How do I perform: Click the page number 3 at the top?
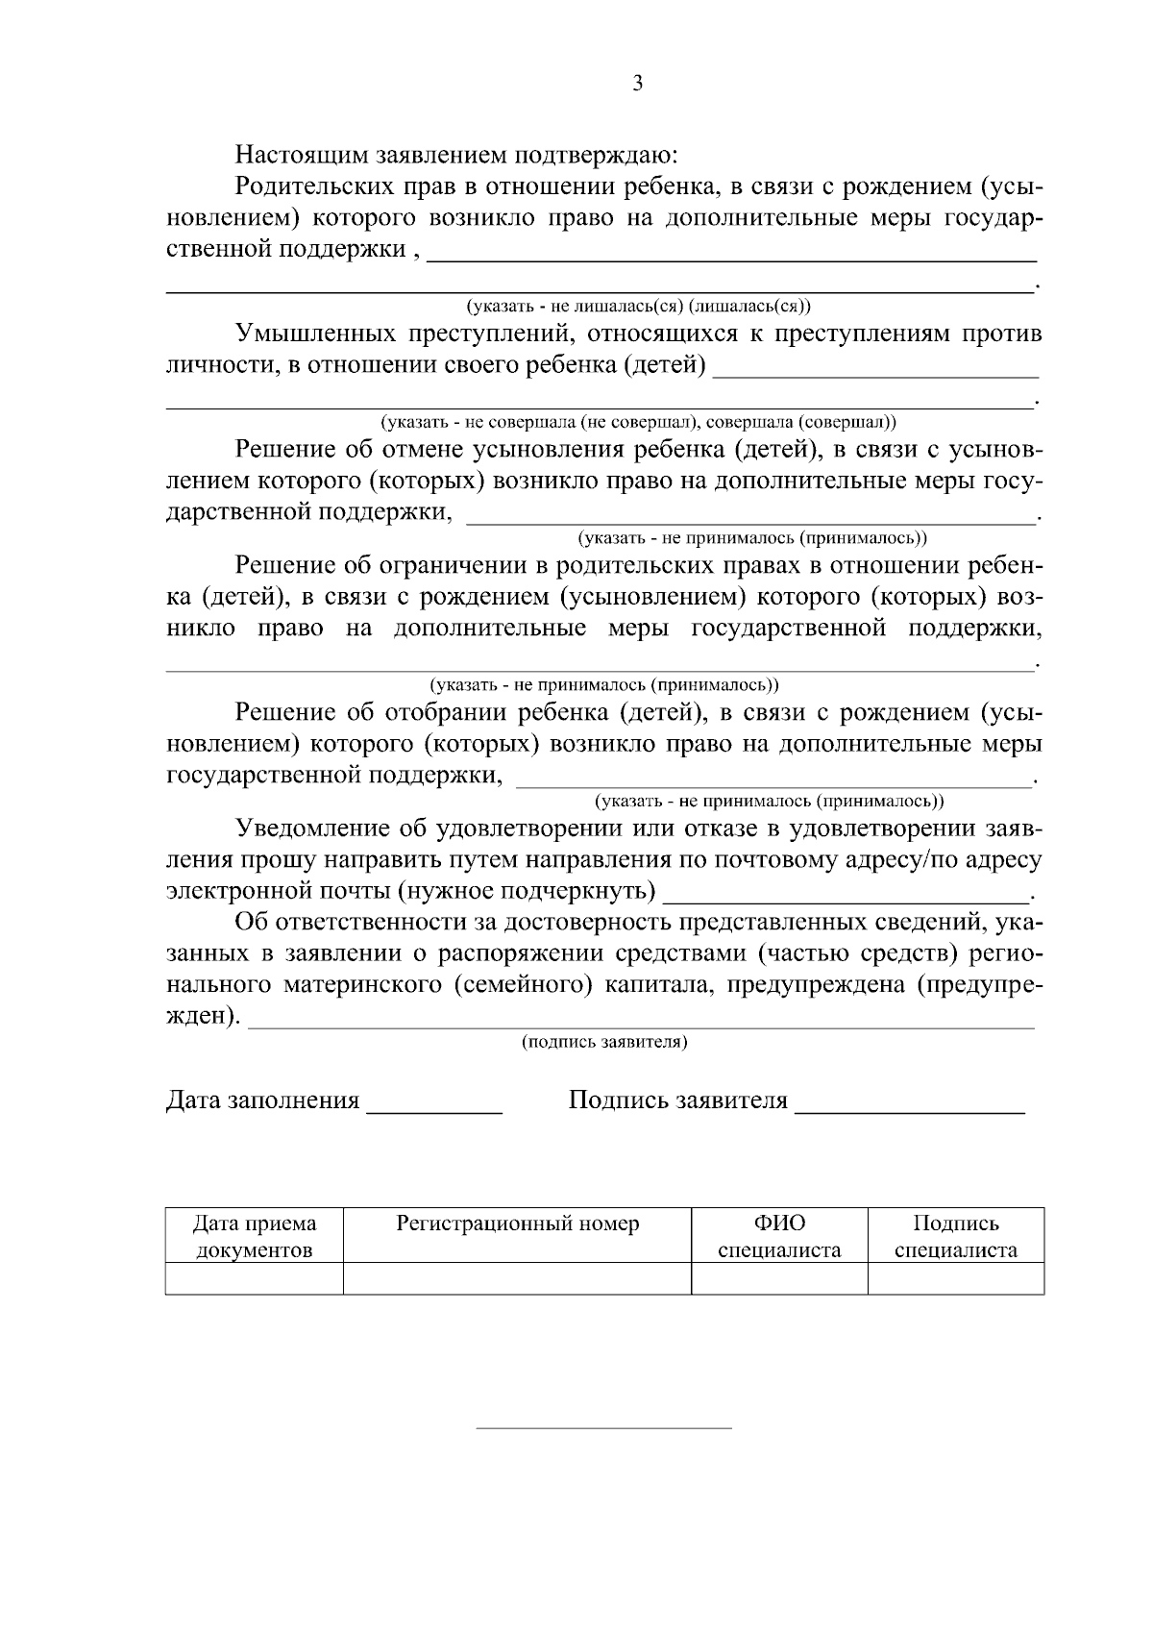click(x=637, y=84)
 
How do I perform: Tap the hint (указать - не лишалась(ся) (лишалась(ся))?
click(x=639, y=307)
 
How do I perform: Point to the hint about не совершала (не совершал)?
click(x=639, y=422)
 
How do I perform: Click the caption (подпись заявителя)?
click(x=604, y=1042)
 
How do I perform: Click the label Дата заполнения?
click(x=262, y=1100)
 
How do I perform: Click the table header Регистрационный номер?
click(x=517, y=1224)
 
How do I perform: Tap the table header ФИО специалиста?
click(x=779, y=1236)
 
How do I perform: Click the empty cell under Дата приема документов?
click(x=254, y=1278)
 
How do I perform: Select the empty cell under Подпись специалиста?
click(x=955, y=1278)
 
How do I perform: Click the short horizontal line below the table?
click(x=604, y=1428)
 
